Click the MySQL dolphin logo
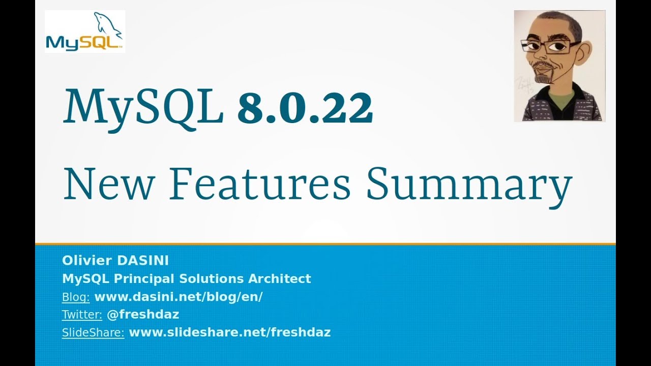(x=85, y=32)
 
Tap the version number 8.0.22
(x=305, y=108)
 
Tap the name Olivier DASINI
(x=115, y=261)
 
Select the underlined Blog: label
(x=76, y=297)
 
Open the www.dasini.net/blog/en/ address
(x=179, y=297)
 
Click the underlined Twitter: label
(x=82, y=315)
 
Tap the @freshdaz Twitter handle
(x=143, y=315)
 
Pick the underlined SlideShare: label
(x=93, y=332)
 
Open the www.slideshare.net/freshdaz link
(x=230, y=332)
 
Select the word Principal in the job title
(x=145, y=279)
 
